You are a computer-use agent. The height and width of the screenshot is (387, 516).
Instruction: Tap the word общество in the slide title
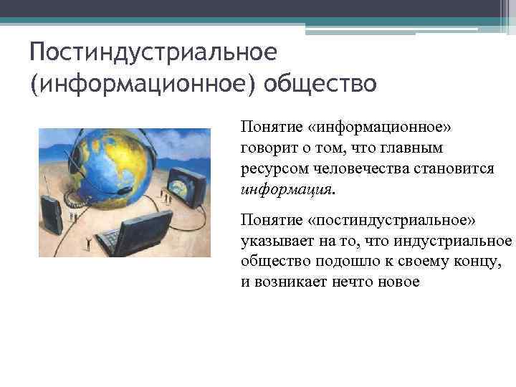pyautogui.click(x=319, y=85)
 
